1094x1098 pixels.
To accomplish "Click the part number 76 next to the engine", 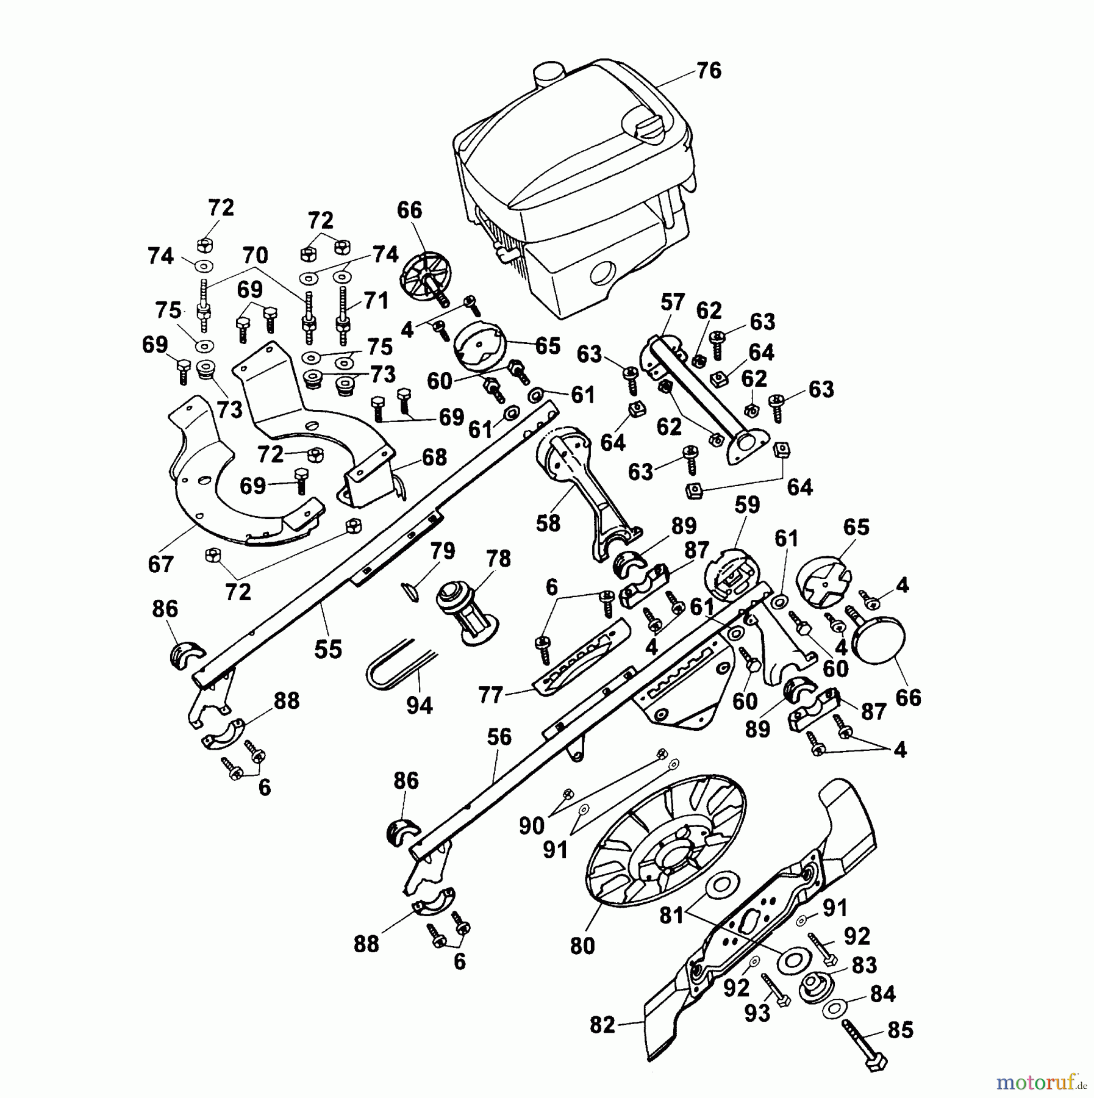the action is (709, 71).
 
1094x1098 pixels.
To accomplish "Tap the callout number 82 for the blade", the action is (602, 1025).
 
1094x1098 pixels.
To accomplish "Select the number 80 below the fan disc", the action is (582, 945).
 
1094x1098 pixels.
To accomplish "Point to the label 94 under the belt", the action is (420, 706).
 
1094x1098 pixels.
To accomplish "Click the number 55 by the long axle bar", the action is (328, 649).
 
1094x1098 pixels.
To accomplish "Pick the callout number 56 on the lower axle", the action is (499, 737).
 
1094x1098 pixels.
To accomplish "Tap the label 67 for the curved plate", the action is (161, 564).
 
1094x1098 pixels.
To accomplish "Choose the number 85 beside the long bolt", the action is (901, 1030).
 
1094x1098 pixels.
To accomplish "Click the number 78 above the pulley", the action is (498, 559).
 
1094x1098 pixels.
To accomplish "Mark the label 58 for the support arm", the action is (548, 522).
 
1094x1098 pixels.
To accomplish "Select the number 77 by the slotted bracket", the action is (491, 695).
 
